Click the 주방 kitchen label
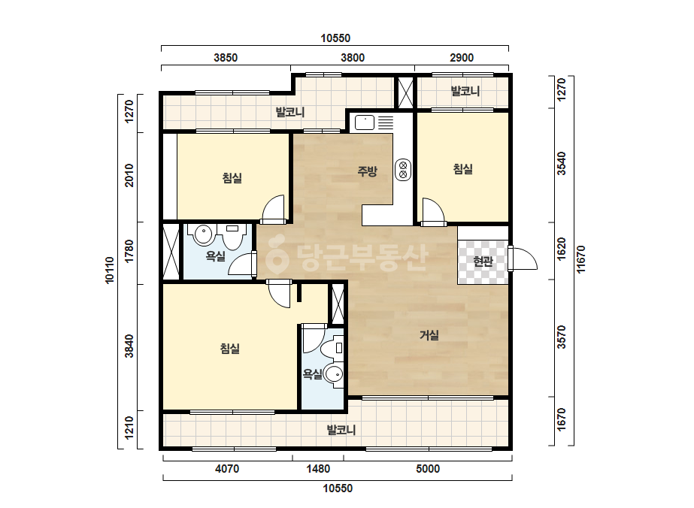368,171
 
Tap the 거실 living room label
429,335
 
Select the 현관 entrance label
483,261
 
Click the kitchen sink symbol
365,122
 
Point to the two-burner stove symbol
403,170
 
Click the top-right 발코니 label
465,91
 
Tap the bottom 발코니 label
341,429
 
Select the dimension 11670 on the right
580,259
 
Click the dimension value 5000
428,469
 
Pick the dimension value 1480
318,469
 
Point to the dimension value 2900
462,58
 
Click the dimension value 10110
109,271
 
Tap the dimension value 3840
129,346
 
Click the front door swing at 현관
523,259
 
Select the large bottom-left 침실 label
230,348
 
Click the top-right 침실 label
463,168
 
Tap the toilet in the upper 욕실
233,237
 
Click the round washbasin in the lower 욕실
334,375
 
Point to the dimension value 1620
561,249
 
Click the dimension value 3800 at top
353,58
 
